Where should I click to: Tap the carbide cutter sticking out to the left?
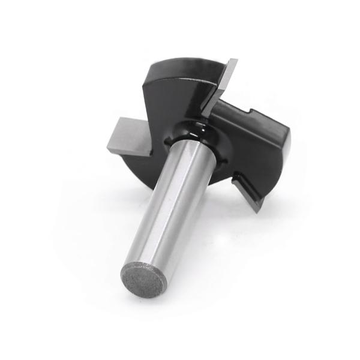127,136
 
